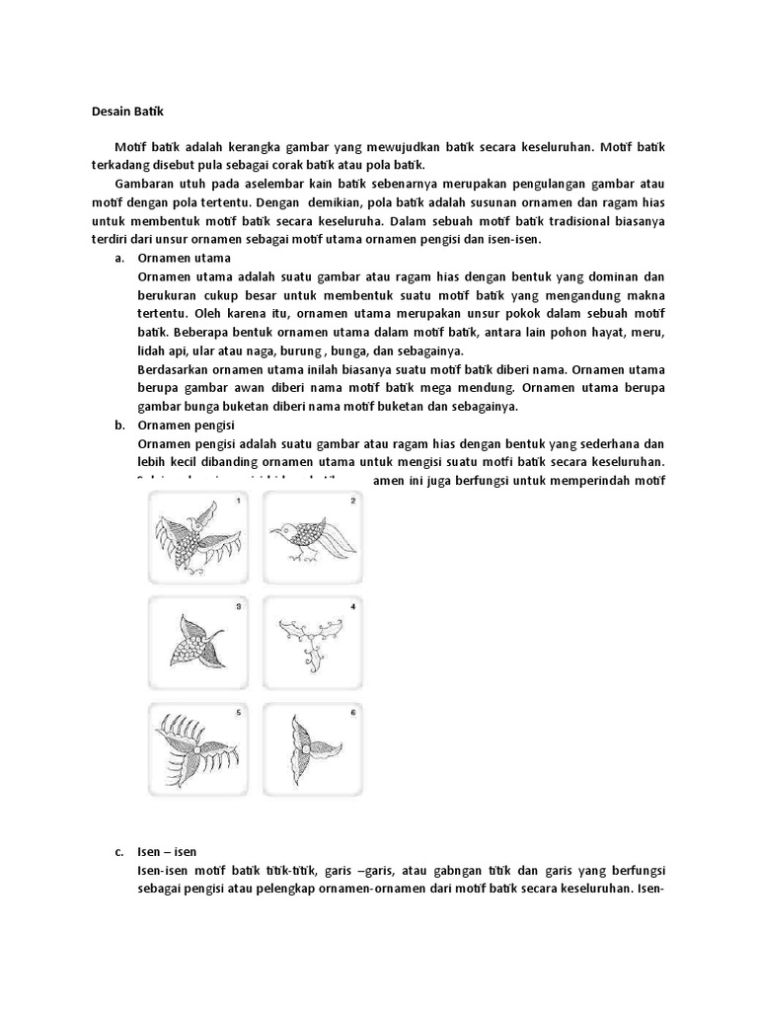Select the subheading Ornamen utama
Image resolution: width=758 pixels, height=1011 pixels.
(185, 259)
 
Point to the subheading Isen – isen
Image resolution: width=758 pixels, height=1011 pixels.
(173, 850)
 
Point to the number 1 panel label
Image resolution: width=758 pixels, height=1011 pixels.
(238, 502)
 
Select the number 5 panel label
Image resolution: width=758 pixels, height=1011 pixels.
(238, 712)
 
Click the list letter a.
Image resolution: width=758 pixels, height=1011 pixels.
(118, 259)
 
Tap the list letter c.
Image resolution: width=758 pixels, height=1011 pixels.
(118, 850)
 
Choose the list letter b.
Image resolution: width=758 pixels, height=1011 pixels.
(118, 426)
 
